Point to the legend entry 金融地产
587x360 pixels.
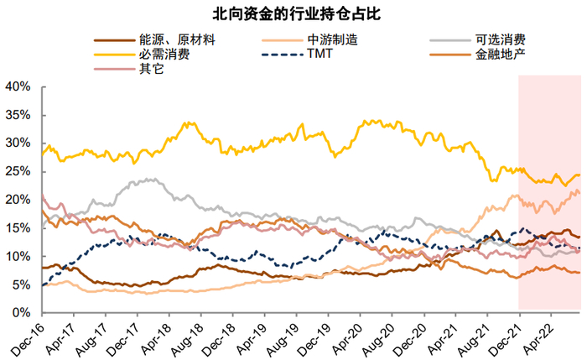500,55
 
